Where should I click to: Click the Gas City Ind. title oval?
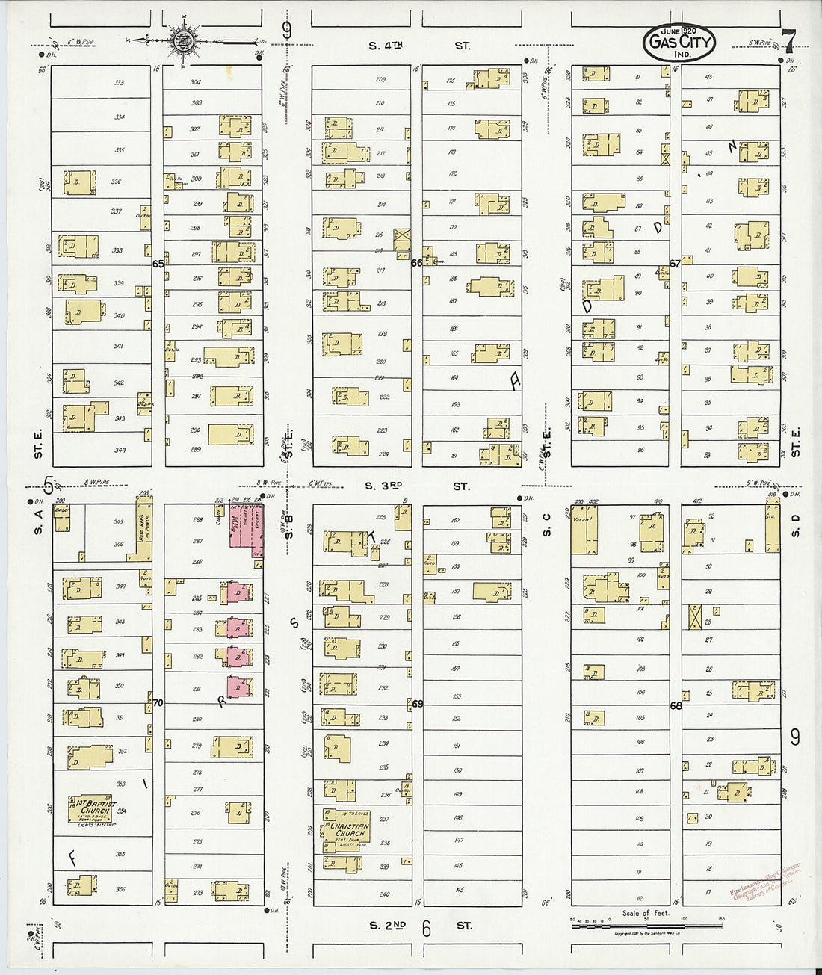tap(678, 42)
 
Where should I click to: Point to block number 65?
tap(158, 264)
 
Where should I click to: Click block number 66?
tap(417, 262)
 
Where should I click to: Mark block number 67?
tap(675, 263)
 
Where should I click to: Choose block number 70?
tap(158, 703)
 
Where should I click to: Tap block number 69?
tap(417, 704)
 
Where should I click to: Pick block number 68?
tap(676, 705)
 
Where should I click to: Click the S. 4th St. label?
tap(419, 46)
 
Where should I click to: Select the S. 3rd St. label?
tap(418, 486)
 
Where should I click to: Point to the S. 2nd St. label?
tap(418, 926)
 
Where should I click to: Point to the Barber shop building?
tap(62, 519)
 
